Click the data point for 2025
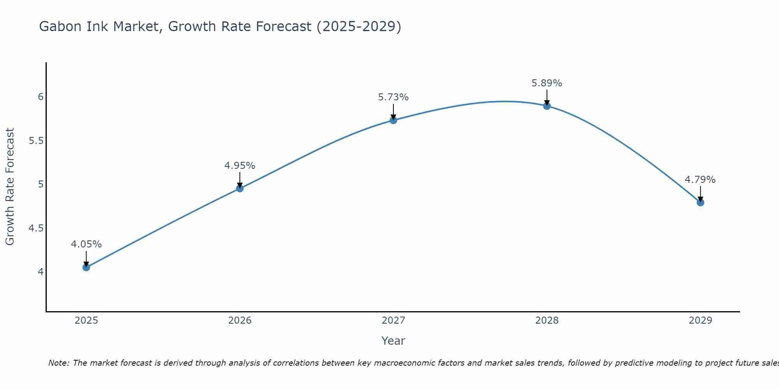point(86,267)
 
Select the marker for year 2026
point(240,188)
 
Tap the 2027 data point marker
point(393,120)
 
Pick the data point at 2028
point(547,106)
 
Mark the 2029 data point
point(700,202)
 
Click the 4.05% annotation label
point(86,244)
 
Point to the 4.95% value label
point(240,166)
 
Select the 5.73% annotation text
point(393,97)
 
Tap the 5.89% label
point(547,83)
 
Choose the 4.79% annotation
point(700,180)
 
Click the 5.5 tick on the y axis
point(36,140)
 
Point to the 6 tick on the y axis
point(41,96)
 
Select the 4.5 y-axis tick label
point(36,228)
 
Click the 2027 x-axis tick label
point(393,321)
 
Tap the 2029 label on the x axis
point(700,321)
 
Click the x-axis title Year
point(393,341)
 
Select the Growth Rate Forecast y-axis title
point(10,187)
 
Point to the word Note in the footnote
point(58,363)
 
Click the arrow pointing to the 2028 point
point(547,97)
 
